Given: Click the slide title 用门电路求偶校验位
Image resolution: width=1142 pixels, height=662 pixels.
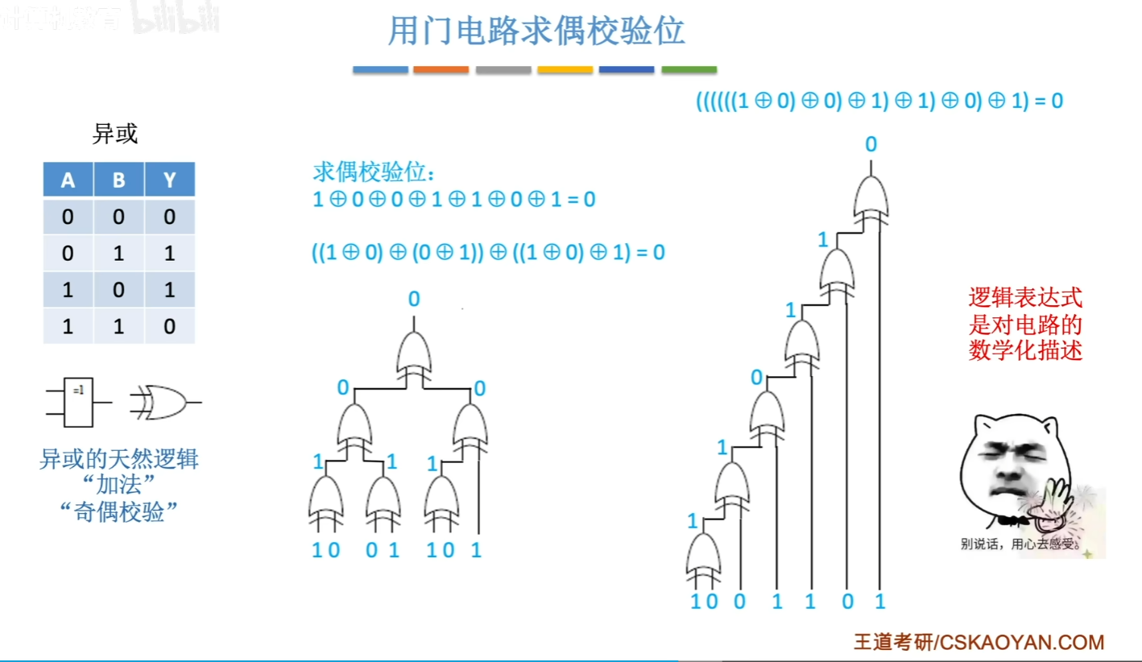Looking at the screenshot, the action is pos(536,32).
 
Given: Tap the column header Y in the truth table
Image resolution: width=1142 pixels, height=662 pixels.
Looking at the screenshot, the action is pos(170,180).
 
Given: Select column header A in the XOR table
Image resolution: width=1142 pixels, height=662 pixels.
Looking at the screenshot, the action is pos(68,180).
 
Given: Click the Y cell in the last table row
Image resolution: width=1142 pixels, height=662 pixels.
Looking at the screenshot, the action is pos(170,326).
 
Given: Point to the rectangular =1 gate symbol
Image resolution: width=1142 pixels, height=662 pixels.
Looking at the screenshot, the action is pos(77,401).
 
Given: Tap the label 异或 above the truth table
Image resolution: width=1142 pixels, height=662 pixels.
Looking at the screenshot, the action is pos(115,134).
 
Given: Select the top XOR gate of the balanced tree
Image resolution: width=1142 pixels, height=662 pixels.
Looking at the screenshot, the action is pos(414,355).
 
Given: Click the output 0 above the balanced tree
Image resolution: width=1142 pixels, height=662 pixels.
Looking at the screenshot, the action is pos(414,300).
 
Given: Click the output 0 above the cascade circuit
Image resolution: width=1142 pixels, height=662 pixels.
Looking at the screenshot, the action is pos(871,145).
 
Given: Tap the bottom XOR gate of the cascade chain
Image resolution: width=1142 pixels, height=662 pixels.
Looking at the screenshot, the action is pos(703,557).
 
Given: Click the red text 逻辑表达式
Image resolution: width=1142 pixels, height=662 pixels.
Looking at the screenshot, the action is pos(1025,299).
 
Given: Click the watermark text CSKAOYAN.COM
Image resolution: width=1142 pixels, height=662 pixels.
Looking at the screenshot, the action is pos(1022,642).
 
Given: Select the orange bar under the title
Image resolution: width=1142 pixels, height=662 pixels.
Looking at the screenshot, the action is pos(441,70).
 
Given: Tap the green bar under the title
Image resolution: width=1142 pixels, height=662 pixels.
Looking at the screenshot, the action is pos(689,70).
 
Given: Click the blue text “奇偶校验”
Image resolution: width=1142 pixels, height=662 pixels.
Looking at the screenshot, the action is pos(118,512).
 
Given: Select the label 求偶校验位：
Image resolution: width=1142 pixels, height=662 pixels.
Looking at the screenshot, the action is pos(374,173).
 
